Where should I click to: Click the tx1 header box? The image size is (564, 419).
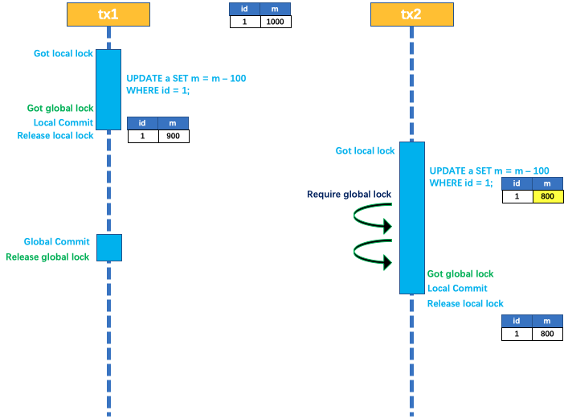108,14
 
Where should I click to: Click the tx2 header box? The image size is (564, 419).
411,14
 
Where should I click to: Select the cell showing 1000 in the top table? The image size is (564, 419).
276,22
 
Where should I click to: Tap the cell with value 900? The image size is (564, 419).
173,136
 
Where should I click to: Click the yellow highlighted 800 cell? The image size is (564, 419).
548,196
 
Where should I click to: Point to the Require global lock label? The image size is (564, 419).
349,195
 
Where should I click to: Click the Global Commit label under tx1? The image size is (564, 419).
56,241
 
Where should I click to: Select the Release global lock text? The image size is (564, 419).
47,257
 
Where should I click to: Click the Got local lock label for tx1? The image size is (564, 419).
63,54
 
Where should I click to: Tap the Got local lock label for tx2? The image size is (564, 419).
366,150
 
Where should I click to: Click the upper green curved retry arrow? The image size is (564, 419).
373,218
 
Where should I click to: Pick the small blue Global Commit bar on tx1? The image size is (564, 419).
108,248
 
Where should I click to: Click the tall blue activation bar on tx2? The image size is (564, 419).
411,217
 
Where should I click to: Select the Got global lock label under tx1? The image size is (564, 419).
60,108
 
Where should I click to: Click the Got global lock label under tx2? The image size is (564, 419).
460,274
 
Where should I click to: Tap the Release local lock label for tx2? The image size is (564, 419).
465,303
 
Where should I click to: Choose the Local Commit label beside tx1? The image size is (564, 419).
63,122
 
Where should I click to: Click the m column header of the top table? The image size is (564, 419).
276,9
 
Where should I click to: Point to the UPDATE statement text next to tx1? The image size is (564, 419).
186,84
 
